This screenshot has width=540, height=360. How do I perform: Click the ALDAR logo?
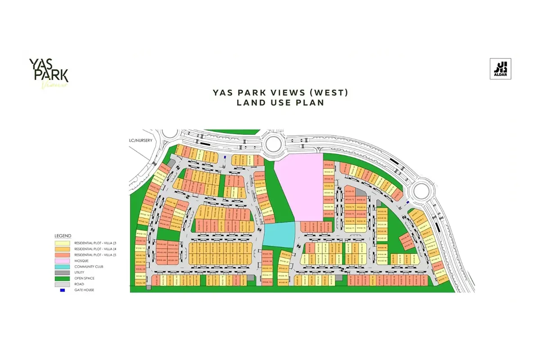(x=500, y=69)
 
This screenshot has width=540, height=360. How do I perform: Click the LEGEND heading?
(x=63, y=236)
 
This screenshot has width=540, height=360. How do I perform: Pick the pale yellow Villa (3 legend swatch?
(x=63, y=243)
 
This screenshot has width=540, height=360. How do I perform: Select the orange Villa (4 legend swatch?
(x=63, y=249)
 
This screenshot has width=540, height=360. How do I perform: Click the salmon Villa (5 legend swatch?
(x=63, y=255)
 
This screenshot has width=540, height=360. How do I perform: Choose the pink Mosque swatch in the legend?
(x=63, y=261)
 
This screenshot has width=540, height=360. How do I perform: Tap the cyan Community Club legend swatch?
(x=63, y=266)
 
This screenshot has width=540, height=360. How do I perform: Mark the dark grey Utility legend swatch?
(x=63, y=272)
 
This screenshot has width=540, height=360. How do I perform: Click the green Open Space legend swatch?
(x=63, y=278)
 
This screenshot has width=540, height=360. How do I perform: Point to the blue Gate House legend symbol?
(x=63, y=290)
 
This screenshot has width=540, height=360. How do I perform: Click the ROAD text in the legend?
(x=79, y=284)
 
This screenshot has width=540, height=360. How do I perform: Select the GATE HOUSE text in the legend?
(x=84, y=290)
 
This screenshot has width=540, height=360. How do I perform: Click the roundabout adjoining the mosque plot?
(x=274, y=144)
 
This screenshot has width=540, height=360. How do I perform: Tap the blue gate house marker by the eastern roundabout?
(x=408, y=202)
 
